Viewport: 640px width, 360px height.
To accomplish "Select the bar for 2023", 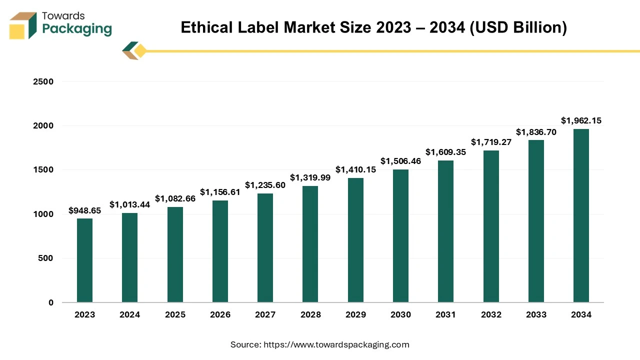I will tap(84, 260).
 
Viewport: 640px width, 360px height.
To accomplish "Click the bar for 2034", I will tap(581, 215).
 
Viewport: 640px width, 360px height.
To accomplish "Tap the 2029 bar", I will tap(355, 240).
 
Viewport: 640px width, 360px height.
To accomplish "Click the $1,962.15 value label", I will tap(581, 120).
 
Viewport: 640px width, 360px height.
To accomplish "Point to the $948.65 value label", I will tap(84, 210).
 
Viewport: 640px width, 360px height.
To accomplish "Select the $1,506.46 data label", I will tap(400, 161).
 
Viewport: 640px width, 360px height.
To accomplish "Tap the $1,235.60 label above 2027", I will tap(265, 185).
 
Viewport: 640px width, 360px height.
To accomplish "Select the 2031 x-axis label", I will tap(445, 314).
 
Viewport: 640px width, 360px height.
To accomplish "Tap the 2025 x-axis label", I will tap(175, 314).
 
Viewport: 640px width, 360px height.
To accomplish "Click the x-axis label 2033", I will tap(536, 314).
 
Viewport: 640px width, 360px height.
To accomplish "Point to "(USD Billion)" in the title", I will tap(518, 27).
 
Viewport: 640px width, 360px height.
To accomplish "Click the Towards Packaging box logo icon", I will tap(23, 25).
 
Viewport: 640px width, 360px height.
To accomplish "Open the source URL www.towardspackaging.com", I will tap(336, 344).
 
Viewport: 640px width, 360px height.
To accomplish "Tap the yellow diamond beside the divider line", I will tap(140, 51).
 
